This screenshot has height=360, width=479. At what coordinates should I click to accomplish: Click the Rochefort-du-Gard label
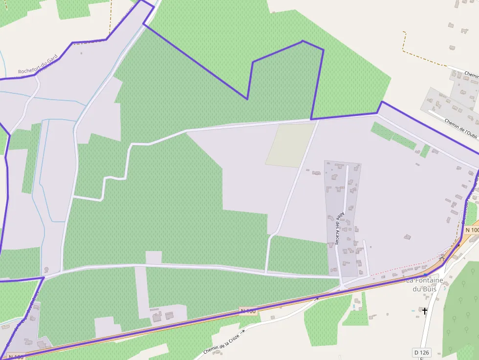38,64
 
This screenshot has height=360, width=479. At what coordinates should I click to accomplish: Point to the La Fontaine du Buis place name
424,284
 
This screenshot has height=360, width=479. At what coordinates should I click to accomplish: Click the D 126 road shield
421,352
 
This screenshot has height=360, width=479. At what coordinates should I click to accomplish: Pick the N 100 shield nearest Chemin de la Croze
248,311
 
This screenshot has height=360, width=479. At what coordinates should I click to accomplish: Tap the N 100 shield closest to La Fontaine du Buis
472,230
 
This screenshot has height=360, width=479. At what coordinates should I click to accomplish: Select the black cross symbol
424,311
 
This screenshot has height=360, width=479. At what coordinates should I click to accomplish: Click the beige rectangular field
291,145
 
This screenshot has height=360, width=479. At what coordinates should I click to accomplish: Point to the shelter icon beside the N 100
442,258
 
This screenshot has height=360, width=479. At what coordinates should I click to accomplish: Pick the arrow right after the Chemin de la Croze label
243,331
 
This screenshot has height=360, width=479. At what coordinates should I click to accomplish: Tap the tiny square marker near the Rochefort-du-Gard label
81,53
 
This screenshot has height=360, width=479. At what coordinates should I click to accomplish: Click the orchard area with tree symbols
462,308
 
